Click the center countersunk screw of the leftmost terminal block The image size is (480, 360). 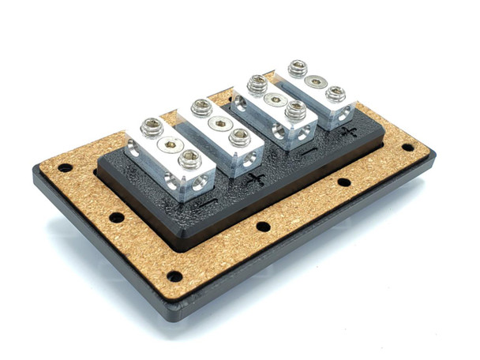[x=167, y=144]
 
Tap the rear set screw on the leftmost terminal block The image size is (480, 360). [x=149, y=126]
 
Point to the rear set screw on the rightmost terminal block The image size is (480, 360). [x=298, y=69]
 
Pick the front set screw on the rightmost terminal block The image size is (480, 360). [x=335, y=96]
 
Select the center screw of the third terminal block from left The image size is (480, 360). [x=275, y=99]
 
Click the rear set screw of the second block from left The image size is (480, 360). [x=201, y=107]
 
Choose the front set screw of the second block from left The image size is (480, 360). [x=238, y=137]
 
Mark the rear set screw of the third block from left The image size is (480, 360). [x=257, y=84]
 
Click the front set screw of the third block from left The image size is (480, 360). [x=294, y=111]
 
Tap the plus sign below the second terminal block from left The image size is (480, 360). [x=255, y=180]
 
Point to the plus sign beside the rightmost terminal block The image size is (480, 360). [x=348, y=133]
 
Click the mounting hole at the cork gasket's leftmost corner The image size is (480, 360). [x=65, y=168]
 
